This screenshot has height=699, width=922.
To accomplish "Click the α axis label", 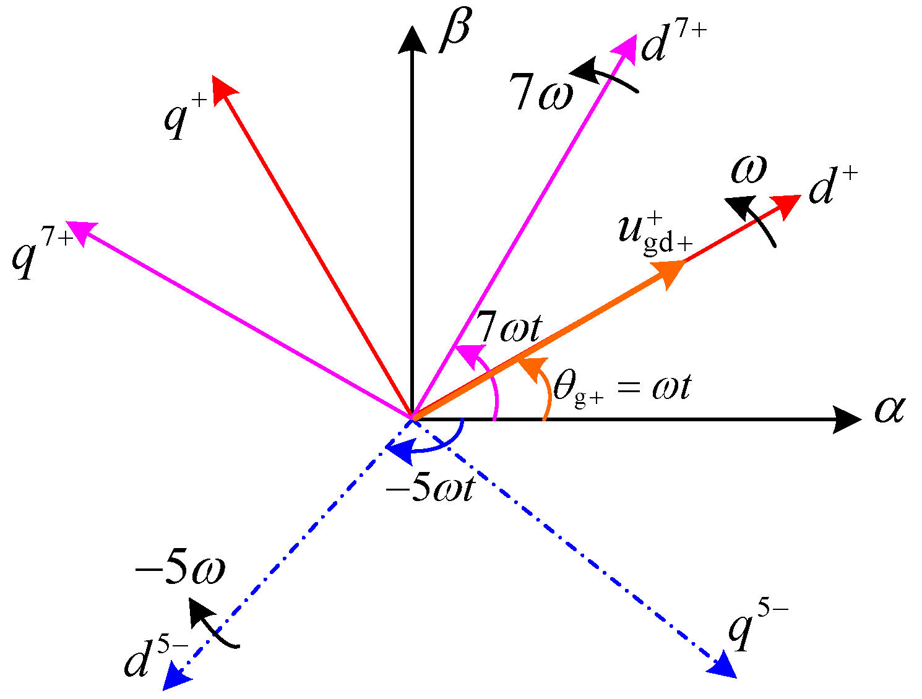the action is click(x=889, y=410).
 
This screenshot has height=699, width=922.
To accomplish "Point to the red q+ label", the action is click(x=184, y=118).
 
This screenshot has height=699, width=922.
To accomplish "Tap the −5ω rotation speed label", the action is click(x=179, y=570).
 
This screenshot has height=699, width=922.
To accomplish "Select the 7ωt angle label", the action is click(x=509, y=328).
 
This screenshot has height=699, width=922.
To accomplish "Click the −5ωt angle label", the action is click(x=430, y=488).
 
